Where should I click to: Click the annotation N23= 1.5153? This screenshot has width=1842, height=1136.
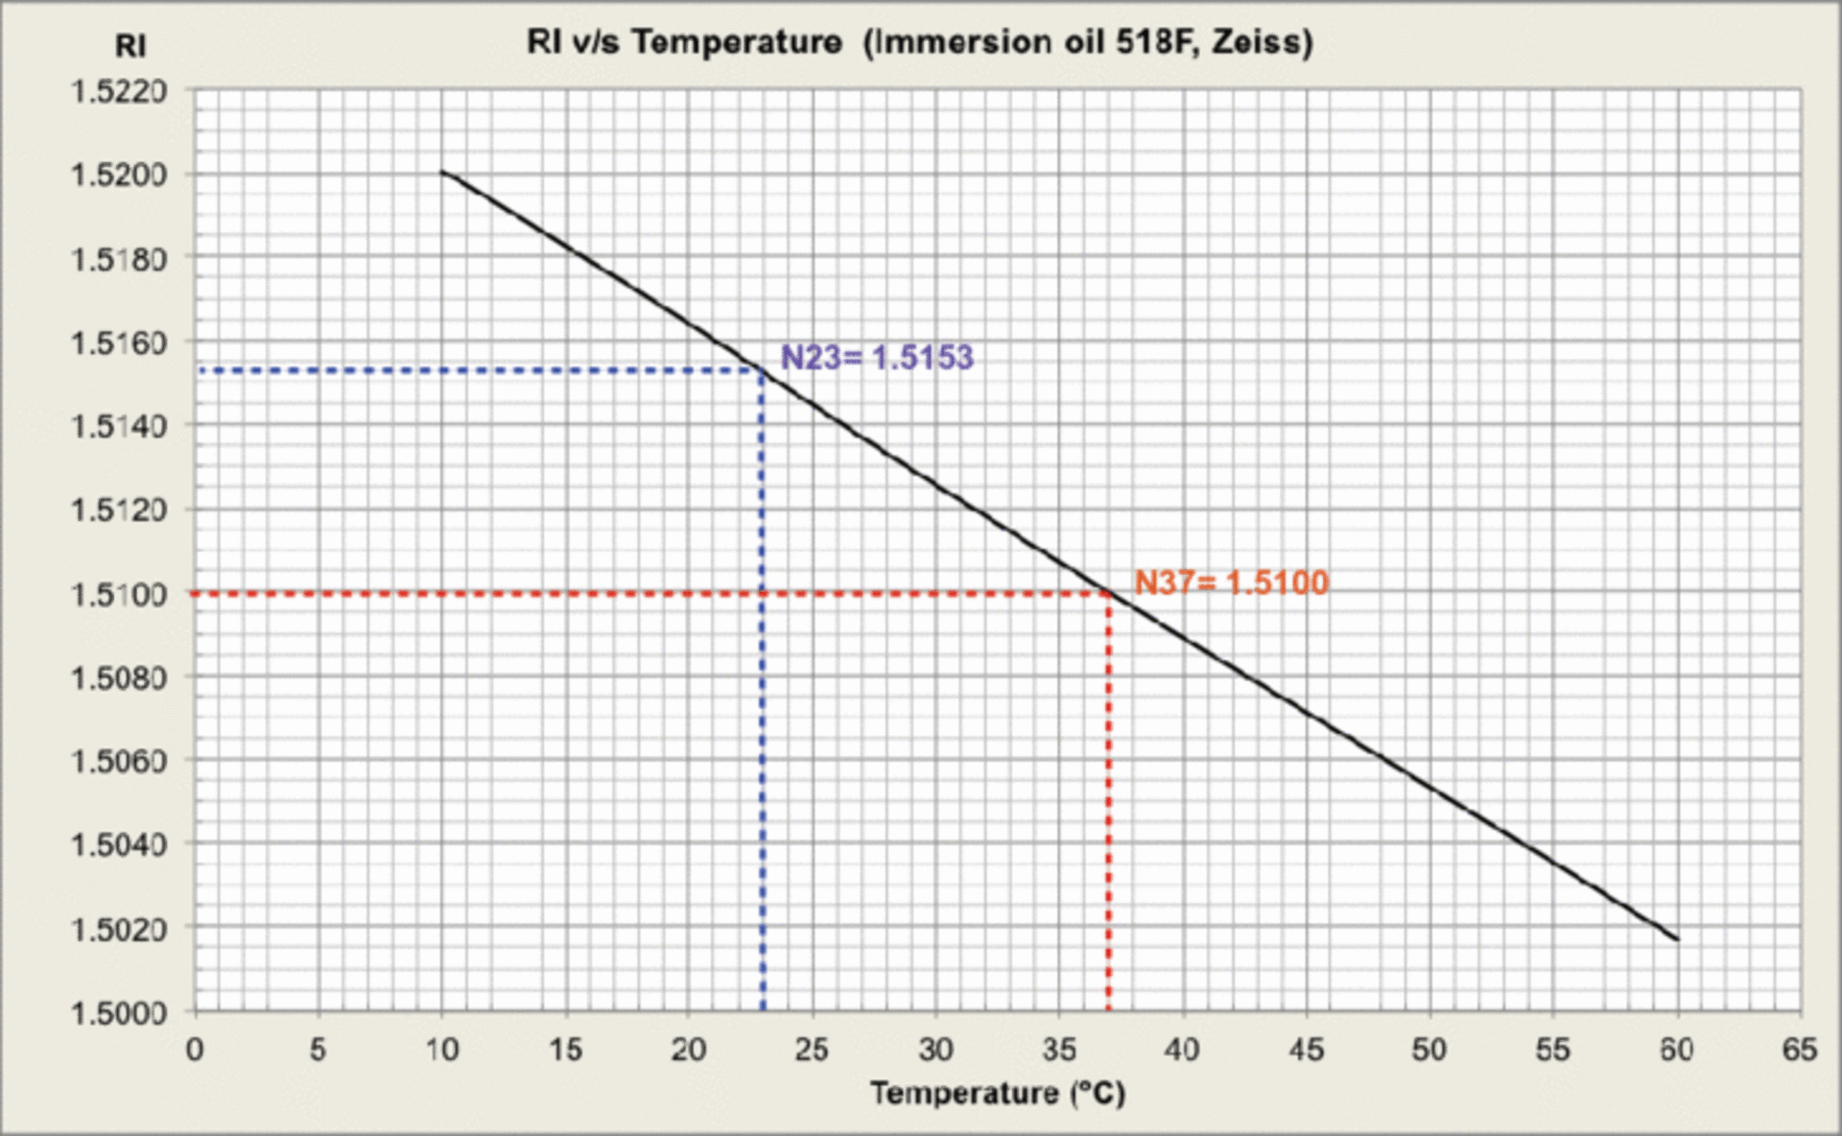coord(877,358)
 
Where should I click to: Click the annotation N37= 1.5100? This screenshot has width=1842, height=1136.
coord(1232,582)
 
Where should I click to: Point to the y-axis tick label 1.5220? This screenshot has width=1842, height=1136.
coord(119,92)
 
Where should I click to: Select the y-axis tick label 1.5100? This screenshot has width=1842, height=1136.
coord(119,594)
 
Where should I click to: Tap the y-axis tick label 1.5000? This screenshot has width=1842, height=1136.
coord(119,1012)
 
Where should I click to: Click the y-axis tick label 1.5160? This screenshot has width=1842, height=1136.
coord(119,343)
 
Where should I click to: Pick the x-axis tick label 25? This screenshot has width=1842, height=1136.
coord(812,1050)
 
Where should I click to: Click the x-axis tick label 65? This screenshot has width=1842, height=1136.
coord(1800,1050)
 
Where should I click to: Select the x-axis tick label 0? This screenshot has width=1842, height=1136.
coord(195,1050)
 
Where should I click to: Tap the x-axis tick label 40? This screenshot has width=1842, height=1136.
coord(1182,1050)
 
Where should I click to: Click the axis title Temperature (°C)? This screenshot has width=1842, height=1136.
coord(998,1093)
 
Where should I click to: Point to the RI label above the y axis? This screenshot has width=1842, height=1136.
coord(130,46)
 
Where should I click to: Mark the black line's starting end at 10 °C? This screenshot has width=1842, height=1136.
coord(442,173)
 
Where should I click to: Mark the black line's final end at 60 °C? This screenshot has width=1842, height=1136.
coord(1677,939)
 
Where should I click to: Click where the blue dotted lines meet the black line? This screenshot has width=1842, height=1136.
coord(763,369)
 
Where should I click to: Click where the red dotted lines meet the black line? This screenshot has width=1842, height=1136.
coord(1109,594)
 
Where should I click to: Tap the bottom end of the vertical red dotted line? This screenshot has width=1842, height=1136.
coord(1109,1007)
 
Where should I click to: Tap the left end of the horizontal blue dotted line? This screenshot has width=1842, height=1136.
coord(201,369)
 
